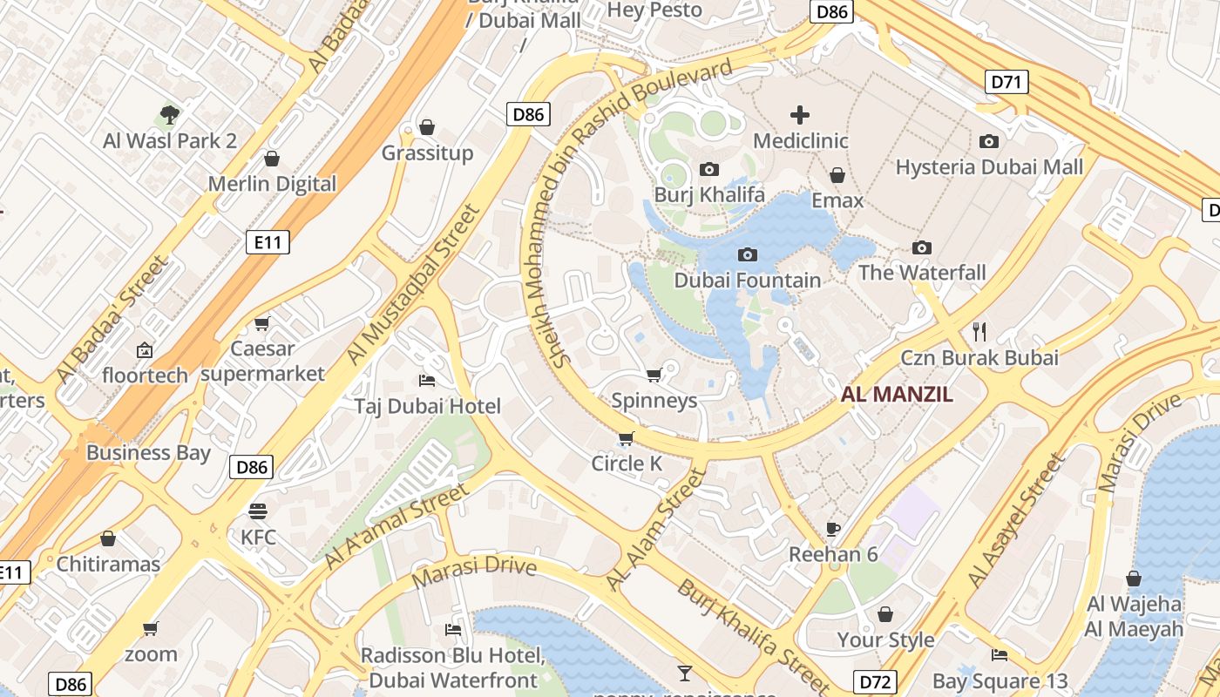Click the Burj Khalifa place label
[x=709, y=194]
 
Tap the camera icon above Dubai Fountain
[x=747, y=254]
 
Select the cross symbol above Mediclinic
[x=799, y=115]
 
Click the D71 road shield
[x=1007, y=83]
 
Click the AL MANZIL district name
[x=897, y=394]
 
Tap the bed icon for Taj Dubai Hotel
[x=427, y=381]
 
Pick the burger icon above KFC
[x=258, y=511]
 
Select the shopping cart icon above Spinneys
[x=654, y=375]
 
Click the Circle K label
[x=627, y=464]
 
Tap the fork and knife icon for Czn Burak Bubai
[x=979, y=331]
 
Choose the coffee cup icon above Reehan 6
[x=833, y=528]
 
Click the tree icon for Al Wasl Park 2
[x=170, y=114]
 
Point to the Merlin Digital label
[x=272, y=184]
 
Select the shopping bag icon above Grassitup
[x=427, y=127]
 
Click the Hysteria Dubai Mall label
[x=989, y=166]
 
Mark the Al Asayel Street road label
[x=1016, y=521]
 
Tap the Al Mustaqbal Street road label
[x=414, y=285]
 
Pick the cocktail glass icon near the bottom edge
[x=685, y=673]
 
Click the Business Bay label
[x=148, y=452]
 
